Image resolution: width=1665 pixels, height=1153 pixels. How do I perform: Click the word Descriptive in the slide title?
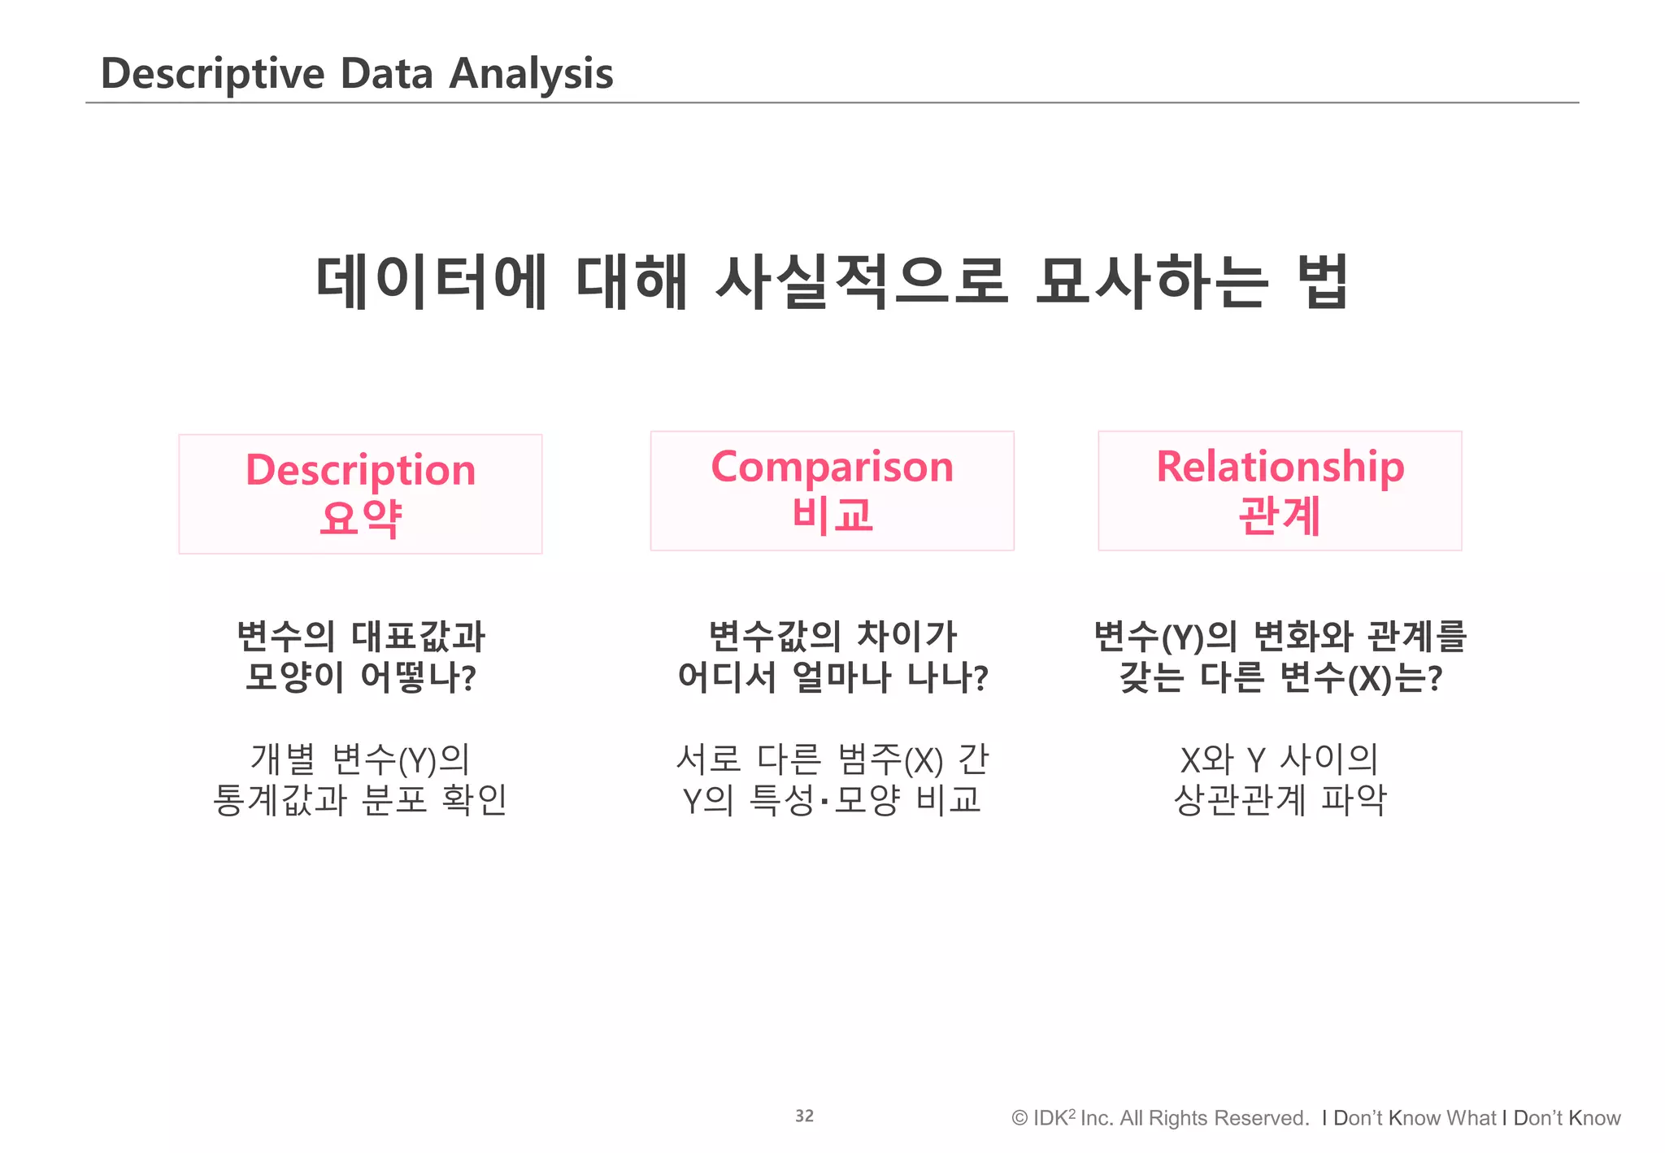(212, 74)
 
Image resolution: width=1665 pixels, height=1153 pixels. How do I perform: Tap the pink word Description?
(360, 470)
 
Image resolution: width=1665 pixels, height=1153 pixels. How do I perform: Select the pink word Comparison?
(832, 467)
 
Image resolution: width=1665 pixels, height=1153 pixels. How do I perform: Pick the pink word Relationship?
(1280, 467)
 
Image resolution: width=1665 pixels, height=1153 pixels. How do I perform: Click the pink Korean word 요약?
(360, 517)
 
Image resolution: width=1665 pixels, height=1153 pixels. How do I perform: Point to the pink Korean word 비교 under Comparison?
(832, 514)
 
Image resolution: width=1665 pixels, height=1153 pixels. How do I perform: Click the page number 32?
(804, 1116)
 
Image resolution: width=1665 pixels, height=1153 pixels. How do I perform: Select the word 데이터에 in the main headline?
(431, 281)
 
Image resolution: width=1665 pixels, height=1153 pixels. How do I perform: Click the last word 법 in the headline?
(1324, 281)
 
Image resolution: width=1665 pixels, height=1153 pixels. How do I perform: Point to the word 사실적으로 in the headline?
(861, 281)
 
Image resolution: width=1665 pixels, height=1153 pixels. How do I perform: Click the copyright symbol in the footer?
(1019, 1118)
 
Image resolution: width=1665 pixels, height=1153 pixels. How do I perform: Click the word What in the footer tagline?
(1471, 1118)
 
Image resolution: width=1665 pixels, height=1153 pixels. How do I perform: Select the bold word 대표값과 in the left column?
(418, 636)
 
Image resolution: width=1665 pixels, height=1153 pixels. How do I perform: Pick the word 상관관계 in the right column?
(1239, 800)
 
